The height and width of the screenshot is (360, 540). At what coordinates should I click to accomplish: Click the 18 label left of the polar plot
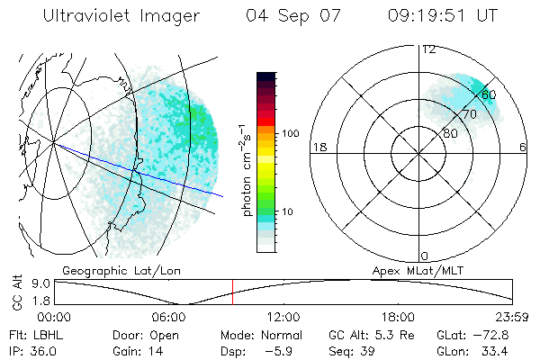click(x=318, y=147)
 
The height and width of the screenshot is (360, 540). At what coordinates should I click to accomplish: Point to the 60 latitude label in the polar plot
click(x=489, y=94)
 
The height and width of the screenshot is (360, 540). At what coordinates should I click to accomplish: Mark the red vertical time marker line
click(x=232, y=292)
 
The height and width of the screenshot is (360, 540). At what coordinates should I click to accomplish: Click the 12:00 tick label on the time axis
click(x=283, y=317)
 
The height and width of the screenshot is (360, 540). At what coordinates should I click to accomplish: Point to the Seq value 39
click(x=370, y=349)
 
